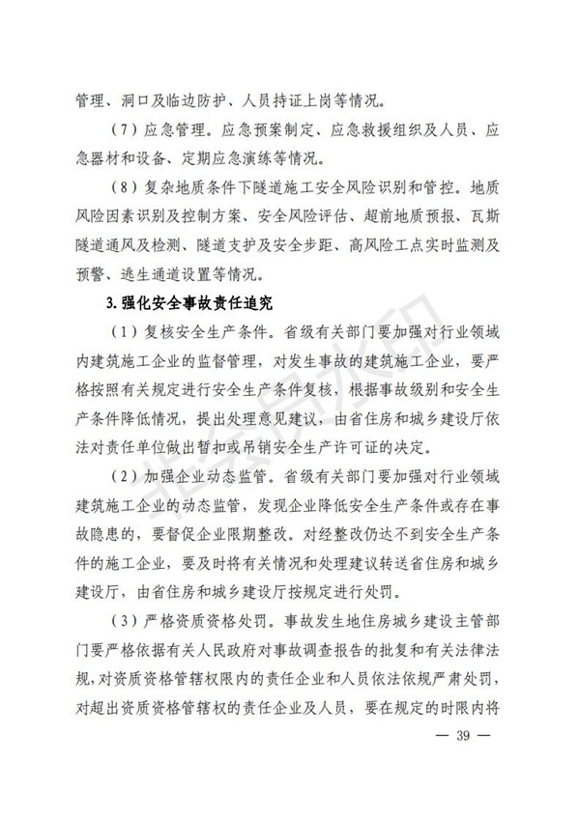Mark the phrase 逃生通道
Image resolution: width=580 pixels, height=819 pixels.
point(155,272)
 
